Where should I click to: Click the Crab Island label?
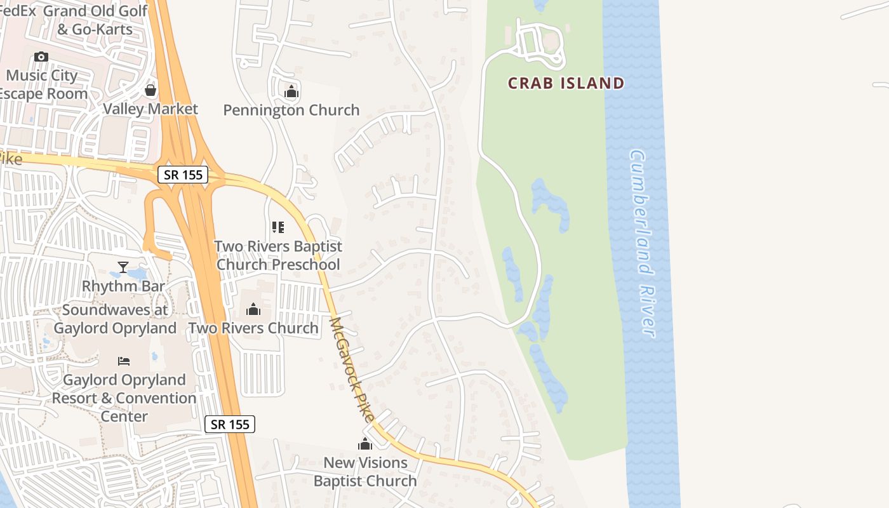tap(566, 83)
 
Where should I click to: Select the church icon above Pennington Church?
tap(291, 92)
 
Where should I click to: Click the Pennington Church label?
tap(291, 110)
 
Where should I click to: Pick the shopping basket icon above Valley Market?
tap(150, 90)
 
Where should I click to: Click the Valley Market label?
tap(150, 109)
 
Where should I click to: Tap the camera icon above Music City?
tap(41, 57)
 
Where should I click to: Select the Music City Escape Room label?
tap(42, 84)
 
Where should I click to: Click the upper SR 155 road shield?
tap(183, 175)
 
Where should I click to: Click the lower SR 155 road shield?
tap(230, 424)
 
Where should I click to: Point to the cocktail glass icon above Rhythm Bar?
tap(123, 267)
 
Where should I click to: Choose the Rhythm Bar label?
tap(123, 286)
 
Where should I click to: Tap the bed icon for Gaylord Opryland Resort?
tap(124, 361)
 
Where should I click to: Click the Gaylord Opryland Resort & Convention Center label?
tap(124, 398)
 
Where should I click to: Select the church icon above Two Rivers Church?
tap(253, 309)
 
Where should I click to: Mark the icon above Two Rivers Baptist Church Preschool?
tap(278, 227)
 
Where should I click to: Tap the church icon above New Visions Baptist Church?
tap(365, 444)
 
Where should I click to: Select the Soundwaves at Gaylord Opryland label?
tap(116, 319)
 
